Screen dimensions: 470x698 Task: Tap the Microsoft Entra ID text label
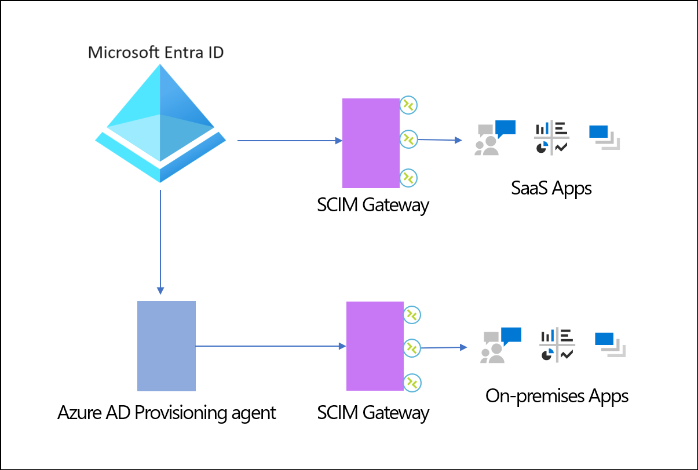156,53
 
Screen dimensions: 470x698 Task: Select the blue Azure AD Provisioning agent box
166,346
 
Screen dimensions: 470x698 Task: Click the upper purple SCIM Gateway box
371,143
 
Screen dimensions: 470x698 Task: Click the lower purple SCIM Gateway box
375,346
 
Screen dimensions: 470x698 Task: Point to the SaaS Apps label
551,188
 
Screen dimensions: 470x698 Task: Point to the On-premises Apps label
557,396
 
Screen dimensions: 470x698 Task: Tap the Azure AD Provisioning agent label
167,413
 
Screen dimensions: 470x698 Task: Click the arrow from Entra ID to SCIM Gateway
290,141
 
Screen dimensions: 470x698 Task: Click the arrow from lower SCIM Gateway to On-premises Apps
444,347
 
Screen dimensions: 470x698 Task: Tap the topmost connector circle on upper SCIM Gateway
409,105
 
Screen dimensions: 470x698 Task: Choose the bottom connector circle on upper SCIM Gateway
409,177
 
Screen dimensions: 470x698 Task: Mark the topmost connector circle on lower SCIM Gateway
412,314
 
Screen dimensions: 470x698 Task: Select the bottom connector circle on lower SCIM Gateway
412,383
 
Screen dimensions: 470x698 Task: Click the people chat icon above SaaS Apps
494,138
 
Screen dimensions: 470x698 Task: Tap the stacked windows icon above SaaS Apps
604,138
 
